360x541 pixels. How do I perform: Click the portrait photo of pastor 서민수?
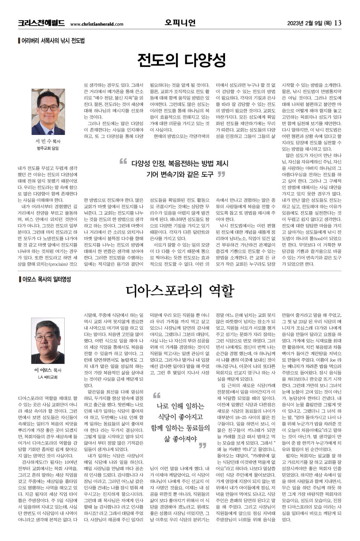click(48, 112)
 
